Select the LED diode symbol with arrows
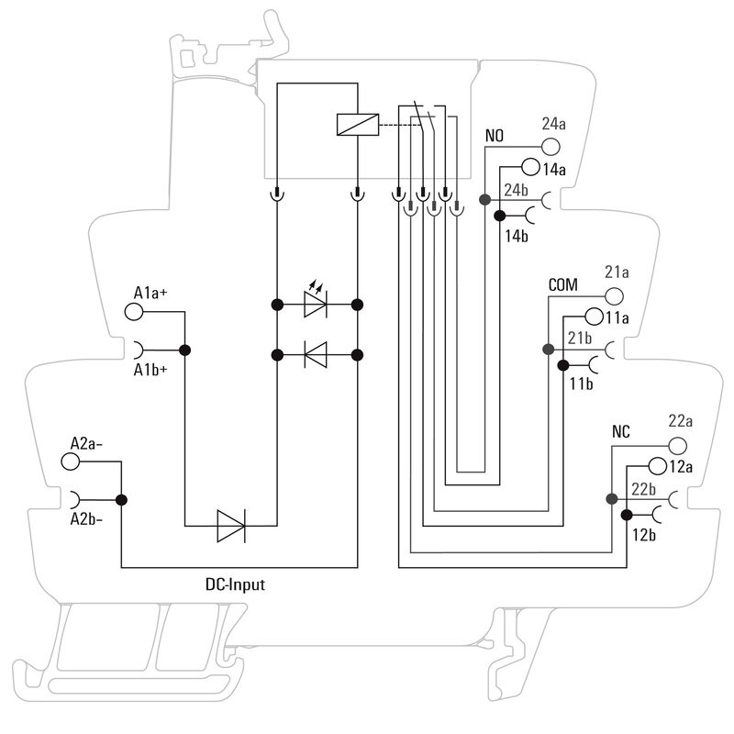pos(316,303)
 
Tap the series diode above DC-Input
pos(230,526)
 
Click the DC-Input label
pos(235,584)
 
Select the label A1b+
pos(151,370)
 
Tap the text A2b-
pos(87,519)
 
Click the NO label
pos(495,137)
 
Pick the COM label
pos(562,285)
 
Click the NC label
pos(621,431)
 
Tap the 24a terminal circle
pos(550,146)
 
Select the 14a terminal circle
pos(530,168)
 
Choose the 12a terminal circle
pos(657,465)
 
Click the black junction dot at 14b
pos(499,217)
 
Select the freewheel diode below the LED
pos(316,352)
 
